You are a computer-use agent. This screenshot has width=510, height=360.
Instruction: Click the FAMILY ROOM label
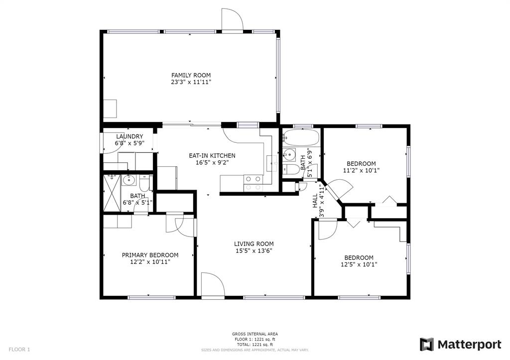[x=191, y=75]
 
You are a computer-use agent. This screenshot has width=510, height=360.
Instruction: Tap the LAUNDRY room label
[x=129, y=136]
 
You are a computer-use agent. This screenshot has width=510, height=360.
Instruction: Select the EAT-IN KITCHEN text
[x=212, y=156]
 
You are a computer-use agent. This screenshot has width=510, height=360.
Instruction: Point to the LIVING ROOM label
[x=254, y=244]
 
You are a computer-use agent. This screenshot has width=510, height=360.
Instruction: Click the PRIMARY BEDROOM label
[x=150, y=255]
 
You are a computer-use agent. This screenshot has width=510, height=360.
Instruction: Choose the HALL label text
[x=315, y=201]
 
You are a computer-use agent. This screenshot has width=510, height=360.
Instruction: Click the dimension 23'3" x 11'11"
[x=191, y=82]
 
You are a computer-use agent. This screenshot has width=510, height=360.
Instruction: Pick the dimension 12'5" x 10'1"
[x=359, y=264]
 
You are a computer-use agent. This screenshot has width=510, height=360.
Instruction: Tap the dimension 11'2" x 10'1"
[x=361, y=170]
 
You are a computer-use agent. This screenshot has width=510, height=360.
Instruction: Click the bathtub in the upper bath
[x=301, y=137]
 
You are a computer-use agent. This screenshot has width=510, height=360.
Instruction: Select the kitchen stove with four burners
[x=253, y=183]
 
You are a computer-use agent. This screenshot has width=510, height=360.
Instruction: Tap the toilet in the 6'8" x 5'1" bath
[x=144, y=184]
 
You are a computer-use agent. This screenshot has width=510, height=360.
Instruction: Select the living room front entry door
[x=213, y=284]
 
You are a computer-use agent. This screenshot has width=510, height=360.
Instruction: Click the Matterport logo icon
[x=427, y=345]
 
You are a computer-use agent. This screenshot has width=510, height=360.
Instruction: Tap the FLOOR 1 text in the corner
[x=19, y=350]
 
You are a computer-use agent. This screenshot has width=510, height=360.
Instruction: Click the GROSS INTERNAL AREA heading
[x=255, y=334]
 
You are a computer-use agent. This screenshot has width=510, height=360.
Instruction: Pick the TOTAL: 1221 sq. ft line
[x=255, y=345]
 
